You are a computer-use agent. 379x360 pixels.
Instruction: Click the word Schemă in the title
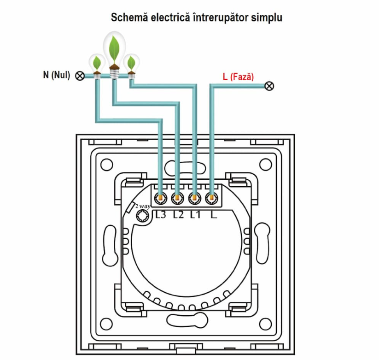tap(129, 18)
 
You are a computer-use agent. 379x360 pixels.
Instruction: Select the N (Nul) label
tap(57, 75)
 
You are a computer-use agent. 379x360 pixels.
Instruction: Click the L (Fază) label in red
tap(239, 77)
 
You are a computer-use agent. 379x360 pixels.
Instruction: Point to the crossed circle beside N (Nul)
tap(80, 76)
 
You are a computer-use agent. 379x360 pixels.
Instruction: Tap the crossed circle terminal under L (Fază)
tap(269, 86)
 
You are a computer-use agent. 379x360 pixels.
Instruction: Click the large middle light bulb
tap(114, 55)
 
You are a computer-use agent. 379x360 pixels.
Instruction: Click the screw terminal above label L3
tap(160, 198)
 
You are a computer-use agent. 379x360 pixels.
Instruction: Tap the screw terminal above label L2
tap(177, 198)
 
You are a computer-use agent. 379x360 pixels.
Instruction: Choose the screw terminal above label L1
tap(195, 198)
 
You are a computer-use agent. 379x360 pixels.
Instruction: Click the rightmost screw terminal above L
tap(212, 198)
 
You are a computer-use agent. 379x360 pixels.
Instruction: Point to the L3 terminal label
tap(161, 215)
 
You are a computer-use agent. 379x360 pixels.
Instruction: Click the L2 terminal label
tap(178, 215)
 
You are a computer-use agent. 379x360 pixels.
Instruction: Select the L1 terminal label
tap(195, 215)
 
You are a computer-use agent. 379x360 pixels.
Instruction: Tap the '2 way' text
tap(143, 207)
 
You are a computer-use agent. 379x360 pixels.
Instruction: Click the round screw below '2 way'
tap(143, 216)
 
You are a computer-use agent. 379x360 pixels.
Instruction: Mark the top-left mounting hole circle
tap(106, 165)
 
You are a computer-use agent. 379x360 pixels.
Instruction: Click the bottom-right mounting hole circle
tap(265, 324)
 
